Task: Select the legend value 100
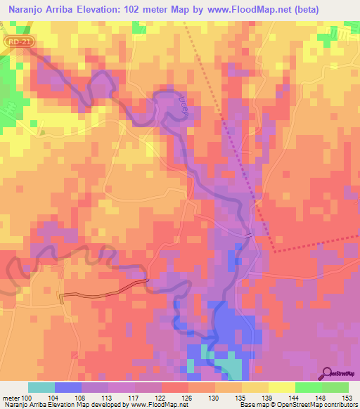tap(26, 398)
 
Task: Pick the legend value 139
tap(268, 398)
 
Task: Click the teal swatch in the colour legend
tap(41, 387)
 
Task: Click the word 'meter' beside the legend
tap(11, 398)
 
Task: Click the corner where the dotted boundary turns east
tap(273, 250)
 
